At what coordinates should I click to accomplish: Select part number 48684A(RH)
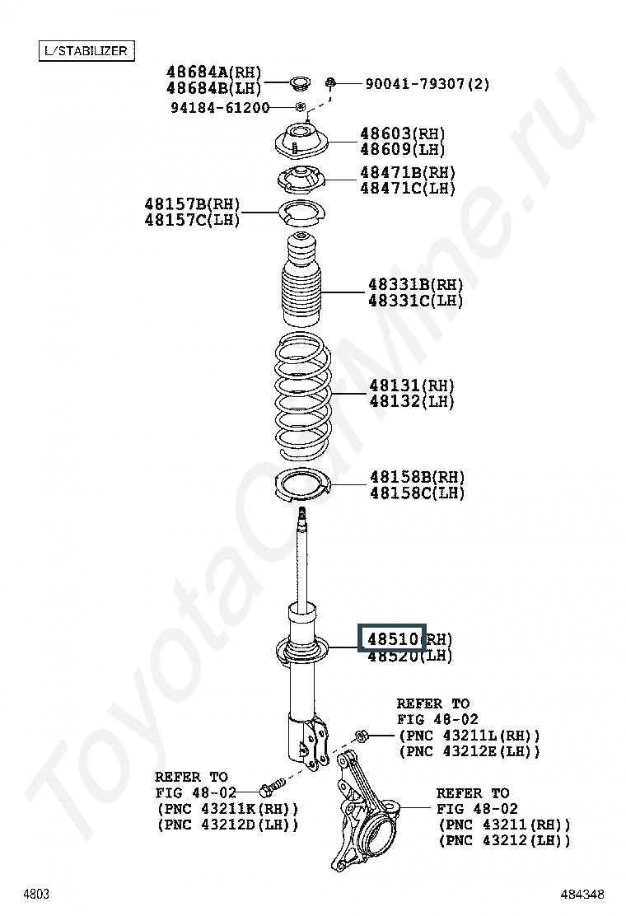(x=213, y=72)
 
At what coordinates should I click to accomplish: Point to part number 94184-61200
(x=220, y=108)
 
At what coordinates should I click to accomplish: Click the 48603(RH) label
(x=402, y=133)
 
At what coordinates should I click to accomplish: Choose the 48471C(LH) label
(x=407, y=189)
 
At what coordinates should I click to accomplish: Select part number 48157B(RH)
(x=192, y=204)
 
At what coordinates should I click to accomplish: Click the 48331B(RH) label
(x=415, y=285)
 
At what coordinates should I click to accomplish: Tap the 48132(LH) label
(x=411, y=402)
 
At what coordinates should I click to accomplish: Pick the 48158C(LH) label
(x=417, y=493)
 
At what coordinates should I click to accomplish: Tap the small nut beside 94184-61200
(x=300, y=107)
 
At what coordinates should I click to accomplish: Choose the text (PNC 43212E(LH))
(x=469, y=751)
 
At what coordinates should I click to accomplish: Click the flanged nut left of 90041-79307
(x=330, y=83)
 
